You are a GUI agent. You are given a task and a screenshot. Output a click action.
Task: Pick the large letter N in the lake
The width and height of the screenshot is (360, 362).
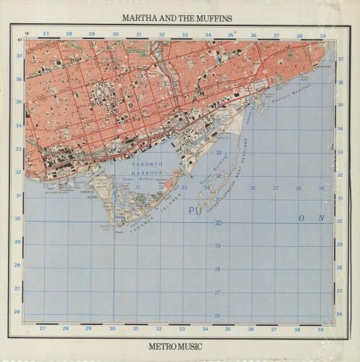[321, 218]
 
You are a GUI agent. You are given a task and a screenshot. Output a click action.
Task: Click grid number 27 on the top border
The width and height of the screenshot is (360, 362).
[45, 33]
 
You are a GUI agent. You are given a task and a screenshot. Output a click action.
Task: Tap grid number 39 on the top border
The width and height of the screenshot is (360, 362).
[322, 34]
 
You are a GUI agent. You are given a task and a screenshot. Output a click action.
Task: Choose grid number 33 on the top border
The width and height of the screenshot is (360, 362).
[185, 34]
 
